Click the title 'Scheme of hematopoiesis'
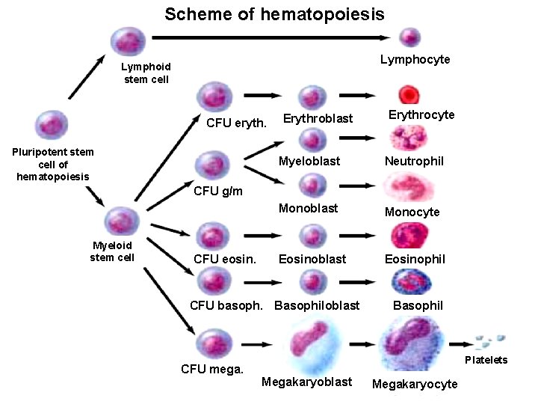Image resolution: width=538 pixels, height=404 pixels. [x=274, y=14]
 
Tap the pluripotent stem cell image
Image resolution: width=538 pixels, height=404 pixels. [x=52, y=125]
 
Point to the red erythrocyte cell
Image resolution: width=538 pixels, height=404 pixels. [x=409, y=95]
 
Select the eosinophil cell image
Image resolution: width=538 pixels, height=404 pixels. [x=408, y=236]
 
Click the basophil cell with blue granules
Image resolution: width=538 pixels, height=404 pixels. [x=408, y=282]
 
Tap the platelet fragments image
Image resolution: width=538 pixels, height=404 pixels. [x=490, y=341]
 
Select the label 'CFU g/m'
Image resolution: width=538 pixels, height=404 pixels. [x=217, y=191]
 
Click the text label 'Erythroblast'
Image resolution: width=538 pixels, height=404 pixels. [x=318, y=118]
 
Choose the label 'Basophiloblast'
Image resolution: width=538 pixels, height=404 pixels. [x=317, y=305]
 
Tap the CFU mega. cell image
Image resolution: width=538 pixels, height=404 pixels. [x=212, y=344]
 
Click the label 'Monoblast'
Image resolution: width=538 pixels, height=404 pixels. [x=308, y=208]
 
